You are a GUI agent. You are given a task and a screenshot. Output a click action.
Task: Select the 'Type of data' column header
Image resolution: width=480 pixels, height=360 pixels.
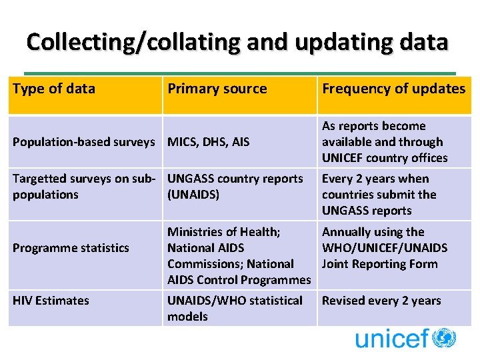click(54, 89)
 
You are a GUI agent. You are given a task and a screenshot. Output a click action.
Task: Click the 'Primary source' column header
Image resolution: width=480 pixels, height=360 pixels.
click(217, 89)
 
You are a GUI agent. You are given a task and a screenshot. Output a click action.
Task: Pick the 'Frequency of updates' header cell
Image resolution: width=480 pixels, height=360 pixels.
click(393, 89)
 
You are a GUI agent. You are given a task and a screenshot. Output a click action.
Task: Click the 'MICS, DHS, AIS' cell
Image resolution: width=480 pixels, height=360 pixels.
click(209, 141)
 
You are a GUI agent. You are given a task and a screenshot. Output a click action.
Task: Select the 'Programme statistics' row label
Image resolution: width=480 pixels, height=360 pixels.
click(71, 248)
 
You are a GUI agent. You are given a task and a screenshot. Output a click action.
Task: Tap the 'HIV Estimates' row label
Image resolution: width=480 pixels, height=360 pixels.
click(51, 301)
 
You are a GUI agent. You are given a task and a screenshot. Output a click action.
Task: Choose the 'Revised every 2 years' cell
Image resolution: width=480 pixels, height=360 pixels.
click(381, 301)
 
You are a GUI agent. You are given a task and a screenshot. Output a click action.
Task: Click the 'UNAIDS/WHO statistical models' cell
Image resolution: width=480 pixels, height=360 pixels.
click(235, 309)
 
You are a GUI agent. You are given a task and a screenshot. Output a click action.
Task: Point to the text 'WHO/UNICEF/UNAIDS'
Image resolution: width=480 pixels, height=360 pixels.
click(385, 248)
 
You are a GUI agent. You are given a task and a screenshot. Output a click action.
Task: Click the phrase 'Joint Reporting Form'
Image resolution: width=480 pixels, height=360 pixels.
click(379, 264)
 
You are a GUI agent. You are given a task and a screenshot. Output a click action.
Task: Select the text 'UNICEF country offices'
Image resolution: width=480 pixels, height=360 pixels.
click(385, 158)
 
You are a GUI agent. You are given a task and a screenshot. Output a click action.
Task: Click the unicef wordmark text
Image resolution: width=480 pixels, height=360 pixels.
click(392, 339)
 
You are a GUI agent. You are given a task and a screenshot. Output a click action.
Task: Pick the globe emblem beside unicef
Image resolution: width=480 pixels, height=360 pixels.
click(444, 338)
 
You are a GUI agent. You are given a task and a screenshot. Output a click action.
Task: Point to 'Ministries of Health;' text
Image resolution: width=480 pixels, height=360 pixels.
click(224, 232)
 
